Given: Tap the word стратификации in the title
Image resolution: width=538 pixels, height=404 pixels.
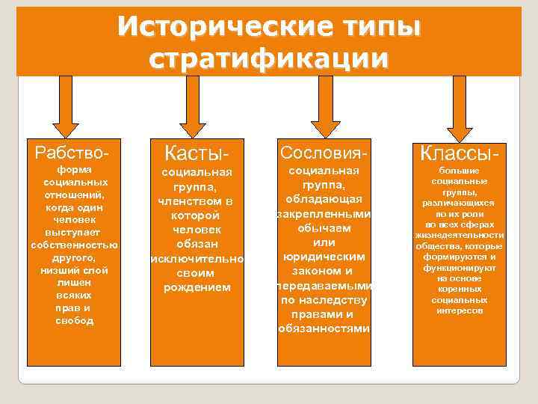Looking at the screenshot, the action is coord(269,58).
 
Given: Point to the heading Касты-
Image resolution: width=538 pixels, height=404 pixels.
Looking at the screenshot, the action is coord(197,153).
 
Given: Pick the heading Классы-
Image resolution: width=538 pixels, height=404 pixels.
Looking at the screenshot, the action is coord(460,155).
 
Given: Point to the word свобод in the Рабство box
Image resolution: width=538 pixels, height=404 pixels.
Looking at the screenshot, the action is coord(74,321).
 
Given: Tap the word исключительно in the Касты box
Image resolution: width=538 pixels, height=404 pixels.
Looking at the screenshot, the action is coord(197,259).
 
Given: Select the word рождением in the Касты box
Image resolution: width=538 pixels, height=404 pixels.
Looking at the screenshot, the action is coord(197,287).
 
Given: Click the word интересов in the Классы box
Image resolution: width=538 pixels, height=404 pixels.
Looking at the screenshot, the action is coord(460,310).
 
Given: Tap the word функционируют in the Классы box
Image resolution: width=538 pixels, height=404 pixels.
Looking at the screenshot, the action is coord(460,267).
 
